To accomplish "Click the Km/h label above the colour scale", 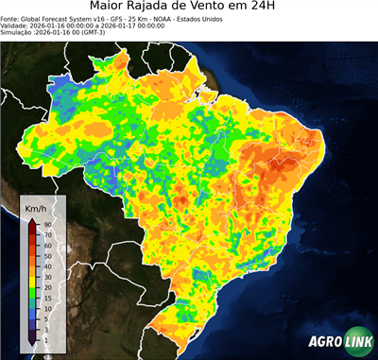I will (36, 207).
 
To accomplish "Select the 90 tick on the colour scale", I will (46, 223).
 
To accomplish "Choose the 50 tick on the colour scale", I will (46, 254).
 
